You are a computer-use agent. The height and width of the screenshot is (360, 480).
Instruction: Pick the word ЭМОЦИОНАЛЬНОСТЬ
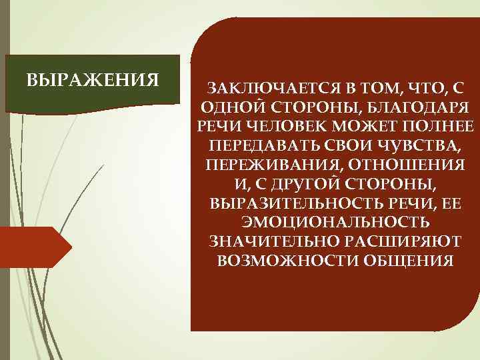(x=335, y=221)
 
